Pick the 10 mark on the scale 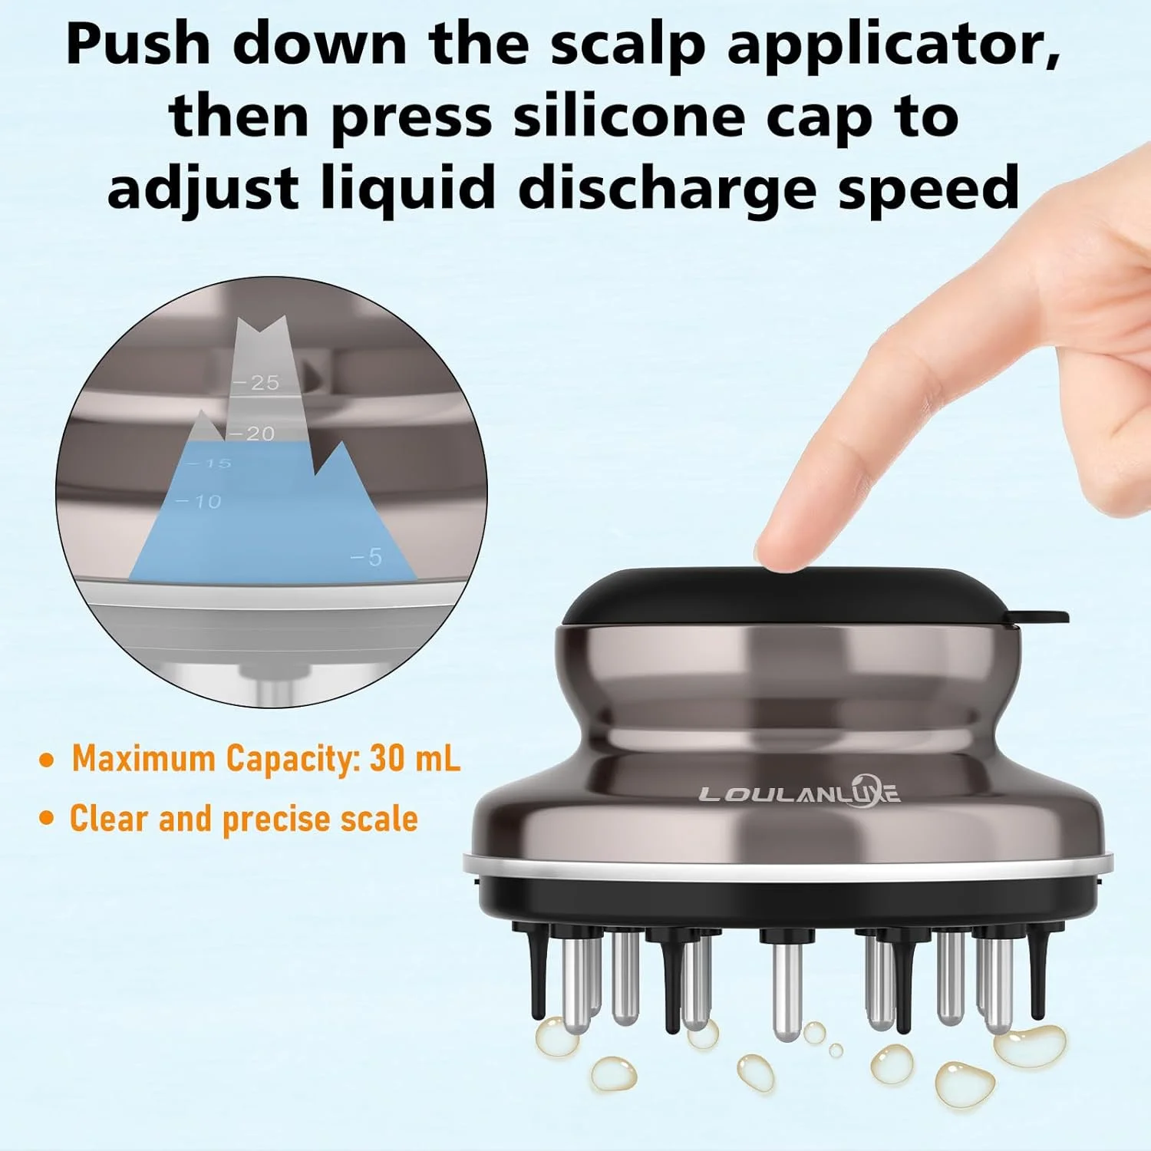199,502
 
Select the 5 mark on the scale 366,557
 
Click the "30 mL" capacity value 415,758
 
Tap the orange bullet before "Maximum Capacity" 48,760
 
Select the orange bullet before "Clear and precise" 48,819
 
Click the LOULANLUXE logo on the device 800,793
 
